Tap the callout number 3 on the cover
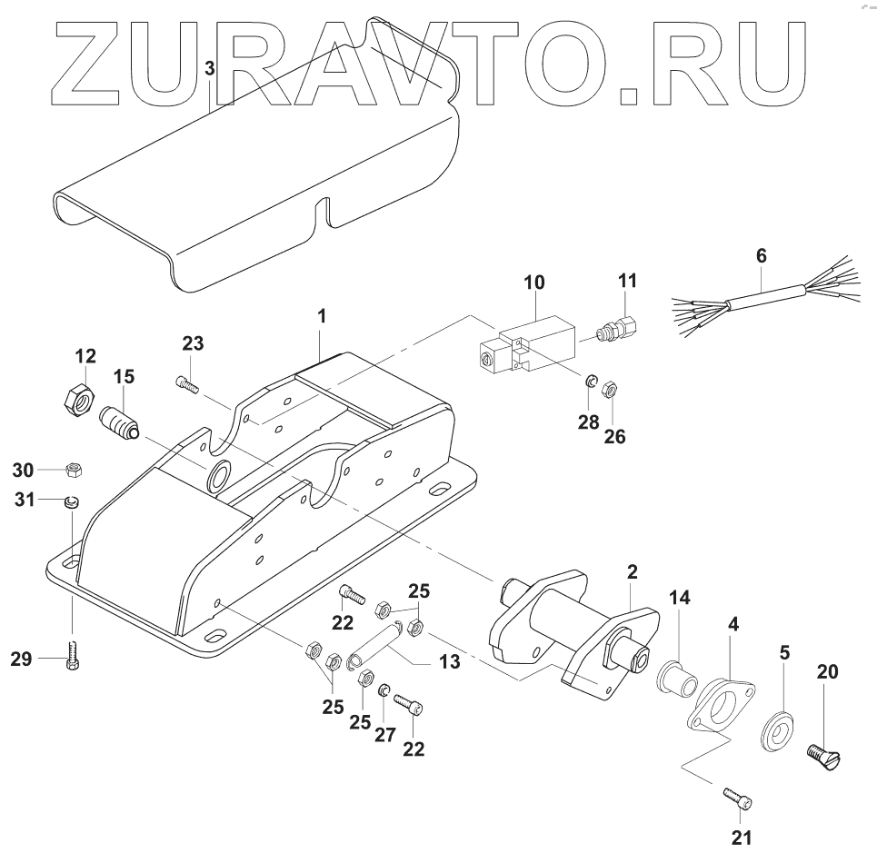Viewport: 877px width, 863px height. (210, 68)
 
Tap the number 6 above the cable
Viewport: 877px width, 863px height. (762, 257)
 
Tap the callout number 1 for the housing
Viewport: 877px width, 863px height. (322, 317)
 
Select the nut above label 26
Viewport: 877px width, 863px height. (611, 389)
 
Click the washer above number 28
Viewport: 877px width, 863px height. (590, 382)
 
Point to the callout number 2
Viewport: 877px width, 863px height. (633, 572)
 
